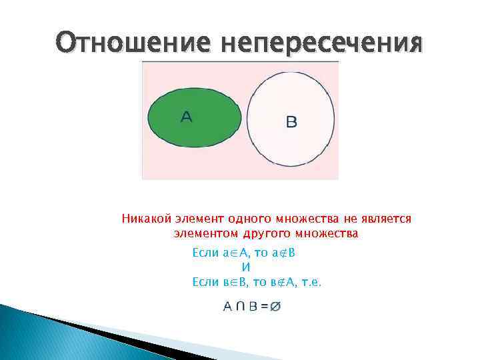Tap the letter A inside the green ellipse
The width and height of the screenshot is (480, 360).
pyautogui.click(x=186, y=117)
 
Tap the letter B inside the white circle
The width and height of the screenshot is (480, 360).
pyautogui.click(x=291, y=121)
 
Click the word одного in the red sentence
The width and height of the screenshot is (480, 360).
pyautogui.click(x=247, y=219)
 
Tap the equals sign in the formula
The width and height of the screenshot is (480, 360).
pyautogui.click(x=265, y=307)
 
